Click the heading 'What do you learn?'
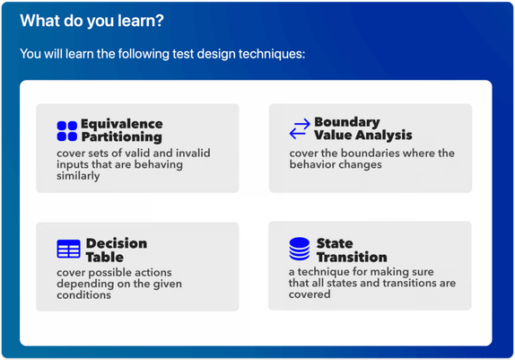point(92,21)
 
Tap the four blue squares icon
point(67,131)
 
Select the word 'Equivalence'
point(122,124)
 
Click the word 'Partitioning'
point(122,137)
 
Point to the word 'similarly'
point(78,176)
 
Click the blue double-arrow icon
point(300,128)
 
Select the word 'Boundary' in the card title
point(347,122)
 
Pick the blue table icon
point(68,249)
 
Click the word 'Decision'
point(117,243)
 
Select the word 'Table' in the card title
point(105,257)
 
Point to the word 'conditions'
point(83,294)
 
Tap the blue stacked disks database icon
point(299,249)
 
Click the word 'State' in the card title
point(335,243)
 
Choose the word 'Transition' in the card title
point(352,257)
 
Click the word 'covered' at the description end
point(310,294)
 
